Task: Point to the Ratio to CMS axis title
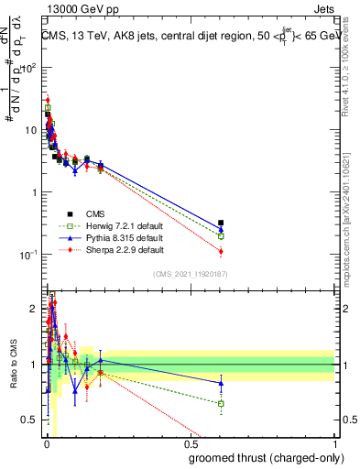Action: point(12,365)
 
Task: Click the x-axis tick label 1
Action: point(336,445)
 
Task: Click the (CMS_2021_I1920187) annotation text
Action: point(189,274)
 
